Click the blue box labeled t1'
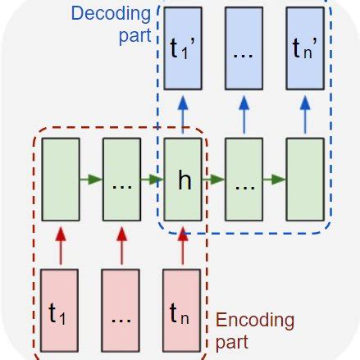click(x=182, y=48)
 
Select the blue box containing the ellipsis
click(x=244, y=48)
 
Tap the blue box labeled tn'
click(x=304, y=48)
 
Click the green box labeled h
click(x=182, y=180)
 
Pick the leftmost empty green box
click(x=60, y=180)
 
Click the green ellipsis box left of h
click(x=121, y=180)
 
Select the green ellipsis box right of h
click(x=244, y=180)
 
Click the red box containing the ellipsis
click(x=121, y=312)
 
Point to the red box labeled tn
click(x=182, y=312)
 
